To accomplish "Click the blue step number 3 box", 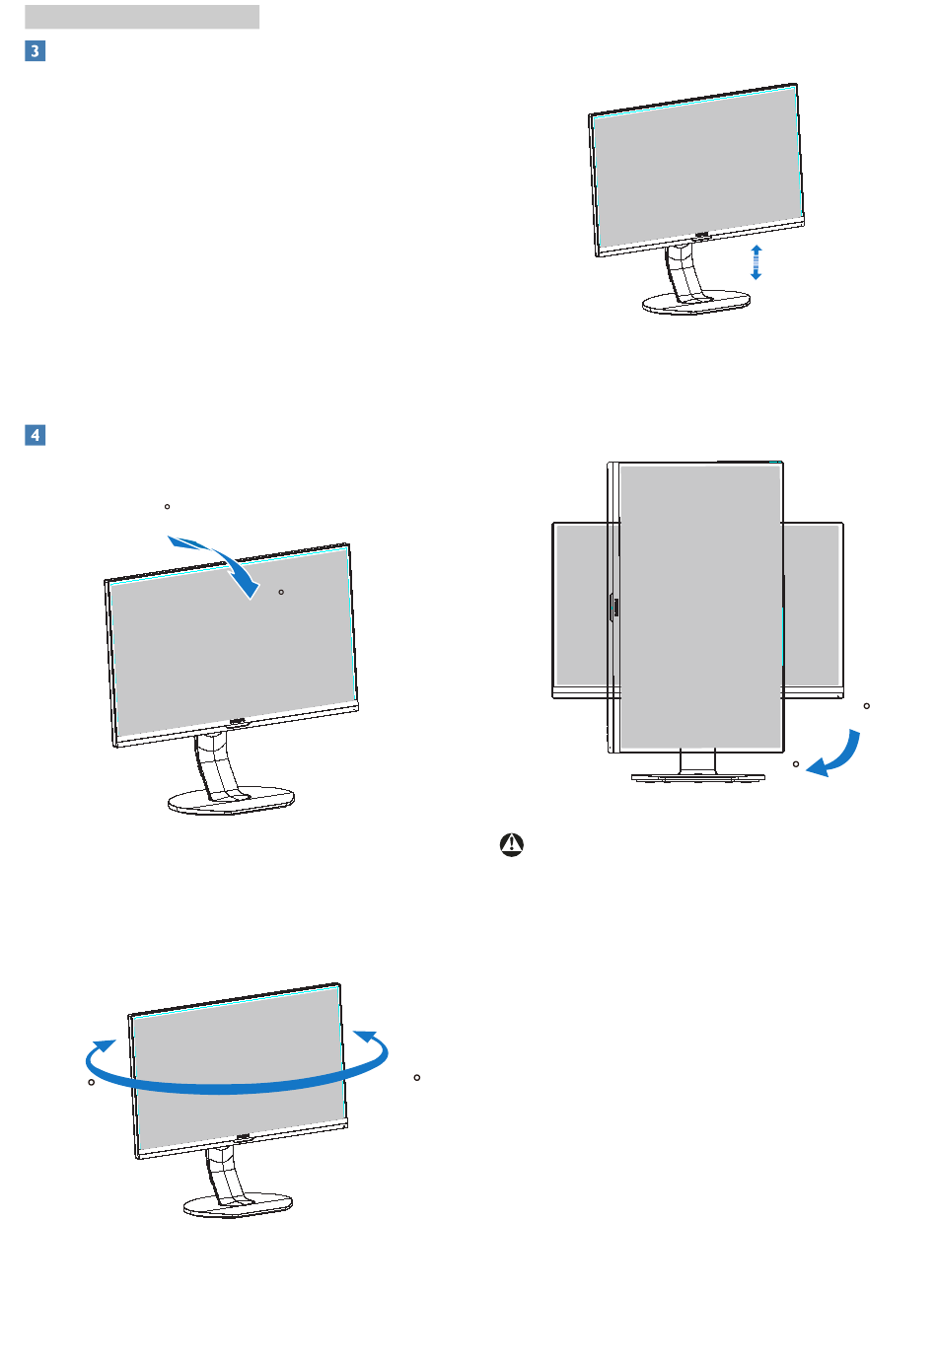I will coord(35,50).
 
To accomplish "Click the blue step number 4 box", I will coord(35,434).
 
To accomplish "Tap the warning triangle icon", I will coord(512,845).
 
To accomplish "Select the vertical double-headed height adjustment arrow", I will coord(756,262).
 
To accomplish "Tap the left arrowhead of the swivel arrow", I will coord(102,1045).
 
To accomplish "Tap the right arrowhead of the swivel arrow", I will coord(367,1037).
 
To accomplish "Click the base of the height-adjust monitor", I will coord(696,303).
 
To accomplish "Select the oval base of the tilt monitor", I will coord(232,801).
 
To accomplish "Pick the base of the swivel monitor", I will coord(239,1205).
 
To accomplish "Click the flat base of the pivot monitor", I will coord(698,777).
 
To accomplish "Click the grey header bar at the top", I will coord(142,17).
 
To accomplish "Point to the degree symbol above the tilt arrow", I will coord(167,507).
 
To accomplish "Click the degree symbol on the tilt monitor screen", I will coord(281,592).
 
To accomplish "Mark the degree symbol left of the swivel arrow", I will coord(92,1083).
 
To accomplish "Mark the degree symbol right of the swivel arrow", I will coord(417,1077).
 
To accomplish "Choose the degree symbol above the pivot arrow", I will coord(866,706).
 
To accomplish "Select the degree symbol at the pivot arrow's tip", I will coord(796,764).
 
